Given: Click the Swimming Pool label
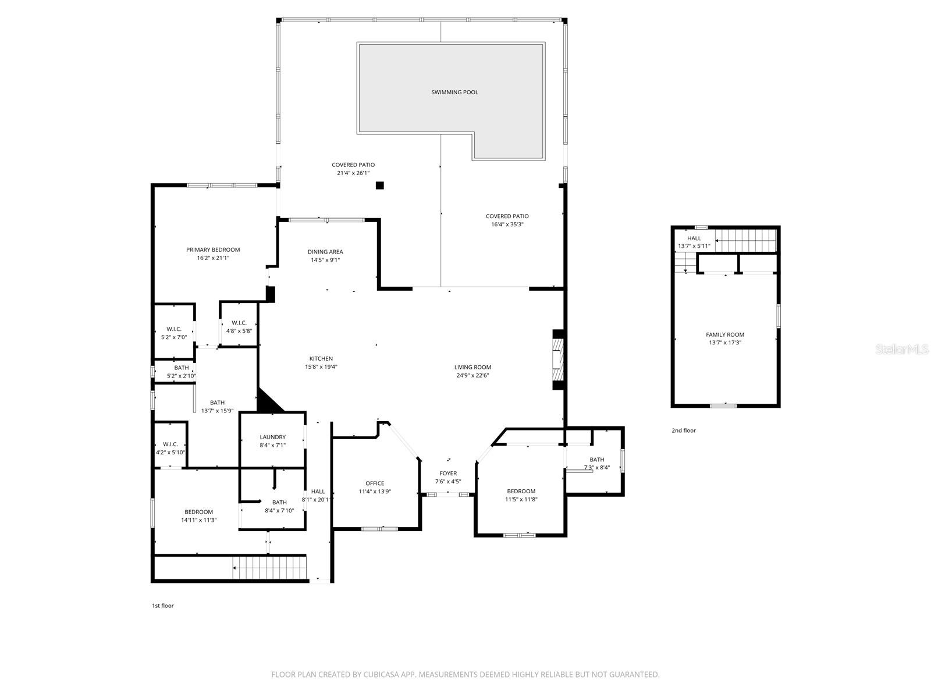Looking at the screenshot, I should pyautogui.click(x=454, y=92).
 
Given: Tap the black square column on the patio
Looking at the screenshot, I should pyautogui.click(x=379, y=186).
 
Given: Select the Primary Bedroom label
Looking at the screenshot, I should pyautogui.click(x=213, y=250).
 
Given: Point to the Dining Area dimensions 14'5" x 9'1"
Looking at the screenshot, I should pyautogui.click(x=325, y=260).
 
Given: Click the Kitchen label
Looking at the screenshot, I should pyautogui.click(x=321, y=358).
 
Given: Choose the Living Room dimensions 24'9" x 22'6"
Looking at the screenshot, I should pyautogui.click(x=472, y=375).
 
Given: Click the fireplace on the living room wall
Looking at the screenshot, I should pyautogui.click(x=558, y=360).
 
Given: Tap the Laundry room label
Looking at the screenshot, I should pyautogui.click(x=272, y=437).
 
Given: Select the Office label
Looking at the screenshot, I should pyautogui.click(x=375, y=483).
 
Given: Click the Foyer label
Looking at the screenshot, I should pyautogui.click(x=448, y=473).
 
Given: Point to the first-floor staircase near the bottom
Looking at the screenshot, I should pyautogui.click(x=269, y=567).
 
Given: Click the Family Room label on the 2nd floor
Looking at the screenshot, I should pyautogui.click(x=725, y=334).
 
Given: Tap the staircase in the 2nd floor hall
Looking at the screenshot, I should pyautogui.click(x=745, y=239).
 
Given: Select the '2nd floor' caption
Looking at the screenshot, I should pyautogui.click(x=683, y=430).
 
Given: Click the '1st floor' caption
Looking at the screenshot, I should pyautogui.click(x=163, y=606).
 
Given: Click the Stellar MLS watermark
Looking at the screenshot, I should pyautogui.click(x=902, y=350).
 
